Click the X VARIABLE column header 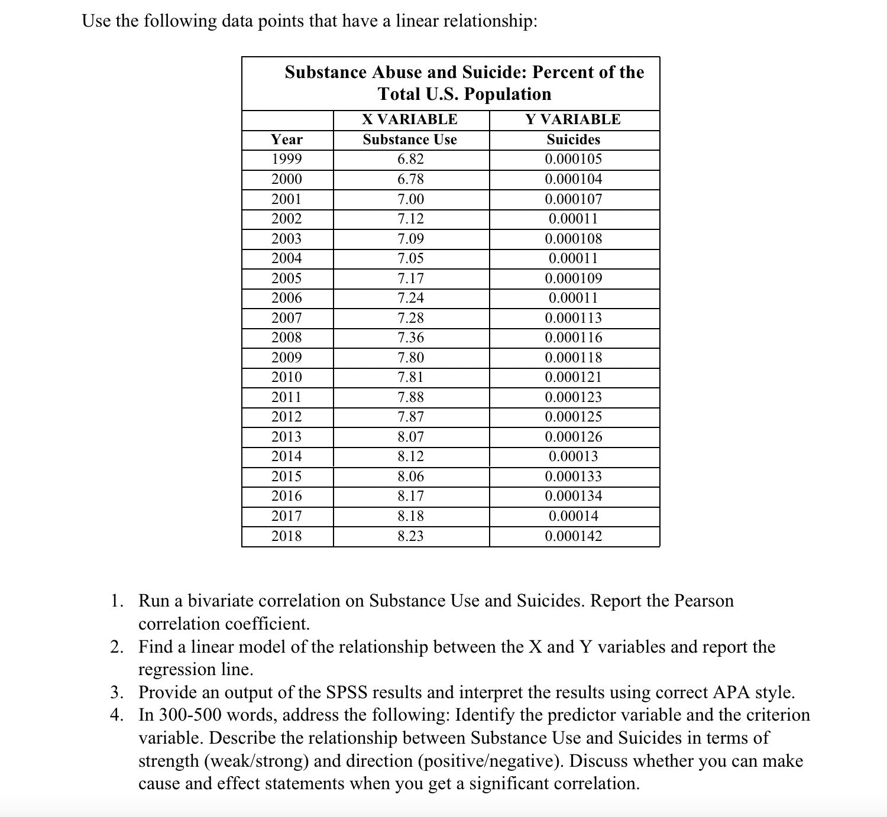[410, 119]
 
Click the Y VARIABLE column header [573, 119]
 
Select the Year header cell [287, 140]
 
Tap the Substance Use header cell [410, 140]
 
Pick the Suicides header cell [573, 140]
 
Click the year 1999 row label [287, 159]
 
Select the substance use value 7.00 [410, 199]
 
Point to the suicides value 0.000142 [573, 536]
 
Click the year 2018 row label [287, 536]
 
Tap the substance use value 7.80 [410, 358]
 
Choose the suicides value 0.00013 [573, 456]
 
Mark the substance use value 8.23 [410, 536]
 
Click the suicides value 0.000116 [573, 338]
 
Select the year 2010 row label [287, 377]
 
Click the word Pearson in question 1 [704, 601]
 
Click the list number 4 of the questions [116, 715]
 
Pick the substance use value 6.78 [410, 179]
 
